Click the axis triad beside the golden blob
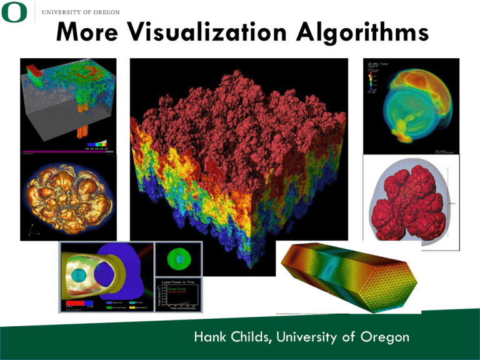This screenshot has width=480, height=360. coord(31,231)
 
